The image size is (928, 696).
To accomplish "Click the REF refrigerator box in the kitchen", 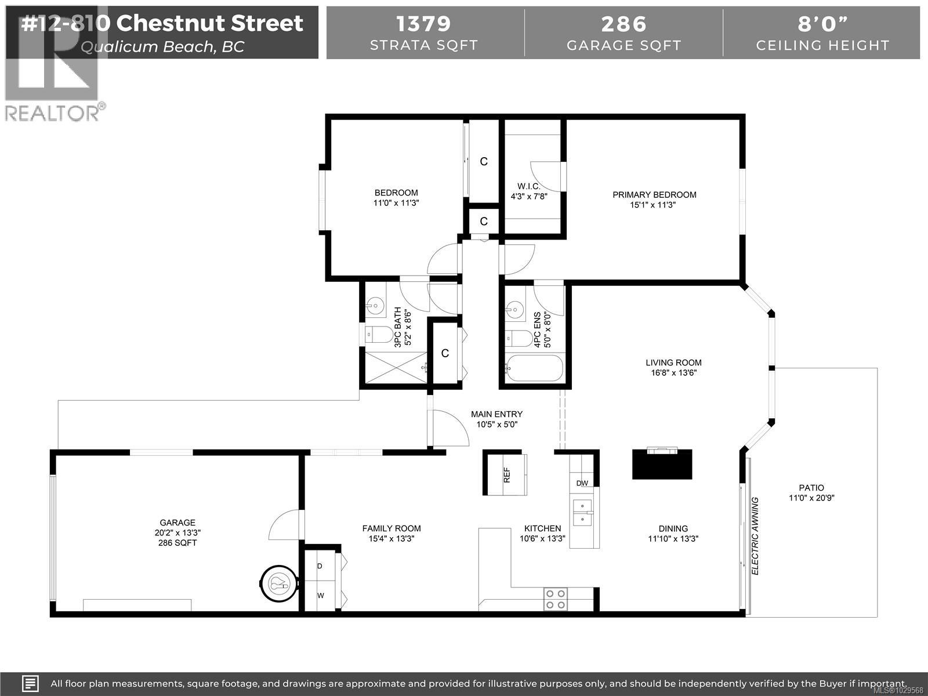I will (506, 474).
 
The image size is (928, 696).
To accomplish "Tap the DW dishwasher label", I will (582, 483).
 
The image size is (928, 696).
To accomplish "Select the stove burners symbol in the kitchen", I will (555, 599).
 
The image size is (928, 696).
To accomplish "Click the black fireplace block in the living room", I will (662, 464).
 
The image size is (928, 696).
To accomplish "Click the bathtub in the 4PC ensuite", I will (534, 369).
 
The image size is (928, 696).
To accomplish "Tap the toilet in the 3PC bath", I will (377, 334).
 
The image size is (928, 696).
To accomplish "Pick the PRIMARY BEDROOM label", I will (654, 195).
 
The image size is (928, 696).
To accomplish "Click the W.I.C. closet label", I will (529, 186).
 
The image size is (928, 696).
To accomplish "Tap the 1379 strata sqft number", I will (423, 24).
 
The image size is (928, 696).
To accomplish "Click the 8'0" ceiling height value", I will (822, 24).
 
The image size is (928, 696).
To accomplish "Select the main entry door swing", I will (449, 428).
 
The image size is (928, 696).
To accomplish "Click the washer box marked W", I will (320, 595).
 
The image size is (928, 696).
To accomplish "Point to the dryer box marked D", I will (320, 565).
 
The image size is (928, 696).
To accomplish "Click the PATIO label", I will (811, 488).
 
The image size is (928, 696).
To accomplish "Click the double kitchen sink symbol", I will (582, 512).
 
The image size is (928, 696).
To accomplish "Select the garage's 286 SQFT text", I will (177, 543).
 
